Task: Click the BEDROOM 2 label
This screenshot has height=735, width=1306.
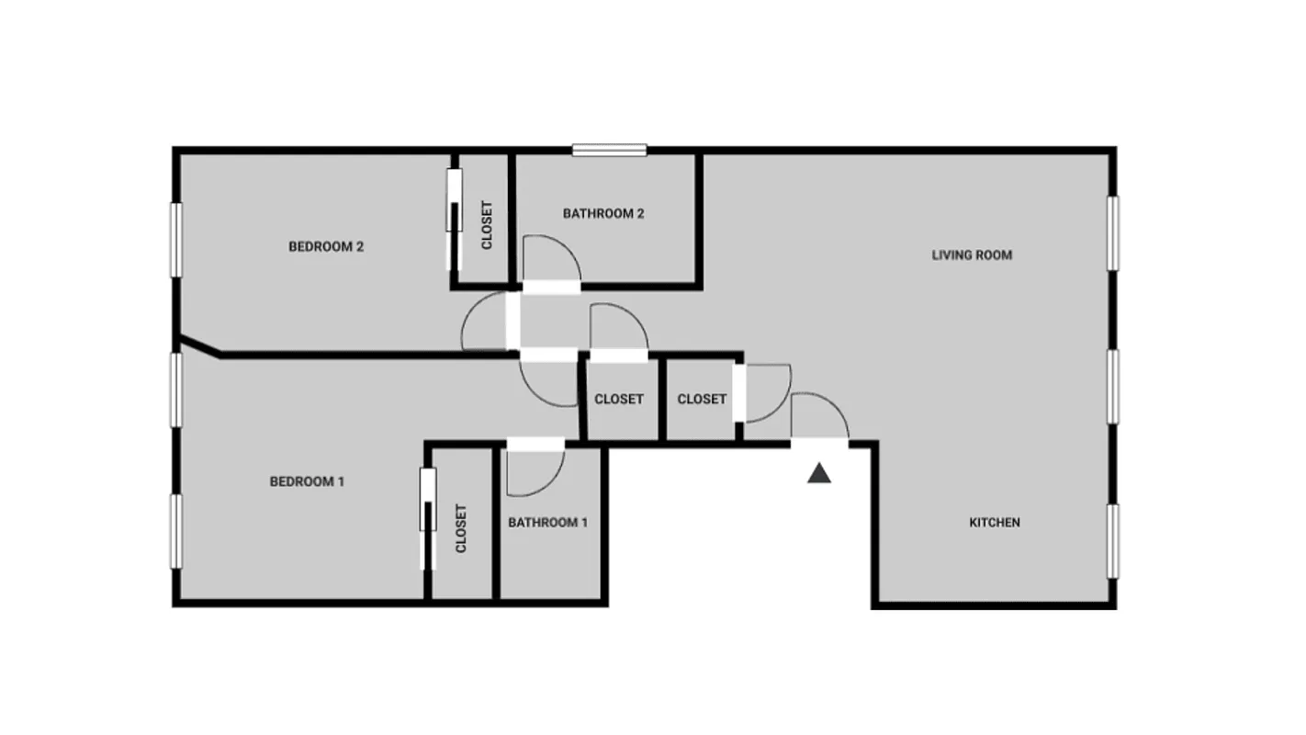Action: coord(326,246)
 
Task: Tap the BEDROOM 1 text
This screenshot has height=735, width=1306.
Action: coord(307,481)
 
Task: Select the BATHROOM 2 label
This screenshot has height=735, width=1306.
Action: coord(603,214)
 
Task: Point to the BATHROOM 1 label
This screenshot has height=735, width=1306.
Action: coord(547,523)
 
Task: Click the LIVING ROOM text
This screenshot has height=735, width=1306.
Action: coord(972,254)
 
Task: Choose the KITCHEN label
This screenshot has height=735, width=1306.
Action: coord(995,523)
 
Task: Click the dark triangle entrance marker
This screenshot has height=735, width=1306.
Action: coord(819,473)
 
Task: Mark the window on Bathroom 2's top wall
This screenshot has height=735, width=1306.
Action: coord(610,150)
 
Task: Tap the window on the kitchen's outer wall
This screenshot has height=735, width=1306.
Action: coord(1112,541)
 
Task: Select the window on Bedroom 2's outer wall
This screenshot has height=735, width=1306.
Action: coord(175,240)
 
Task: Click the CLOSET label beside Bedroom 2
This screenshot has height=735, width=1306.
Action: coord(487,225)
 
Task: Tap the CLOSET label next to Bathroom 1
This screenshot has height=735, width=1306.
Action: coord(461,529)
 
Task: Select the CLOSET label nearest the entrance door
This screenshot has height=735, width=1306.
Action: coord(702,399)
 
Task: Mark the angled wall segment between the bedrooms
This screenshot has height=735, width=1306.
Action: coord(199,346)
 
